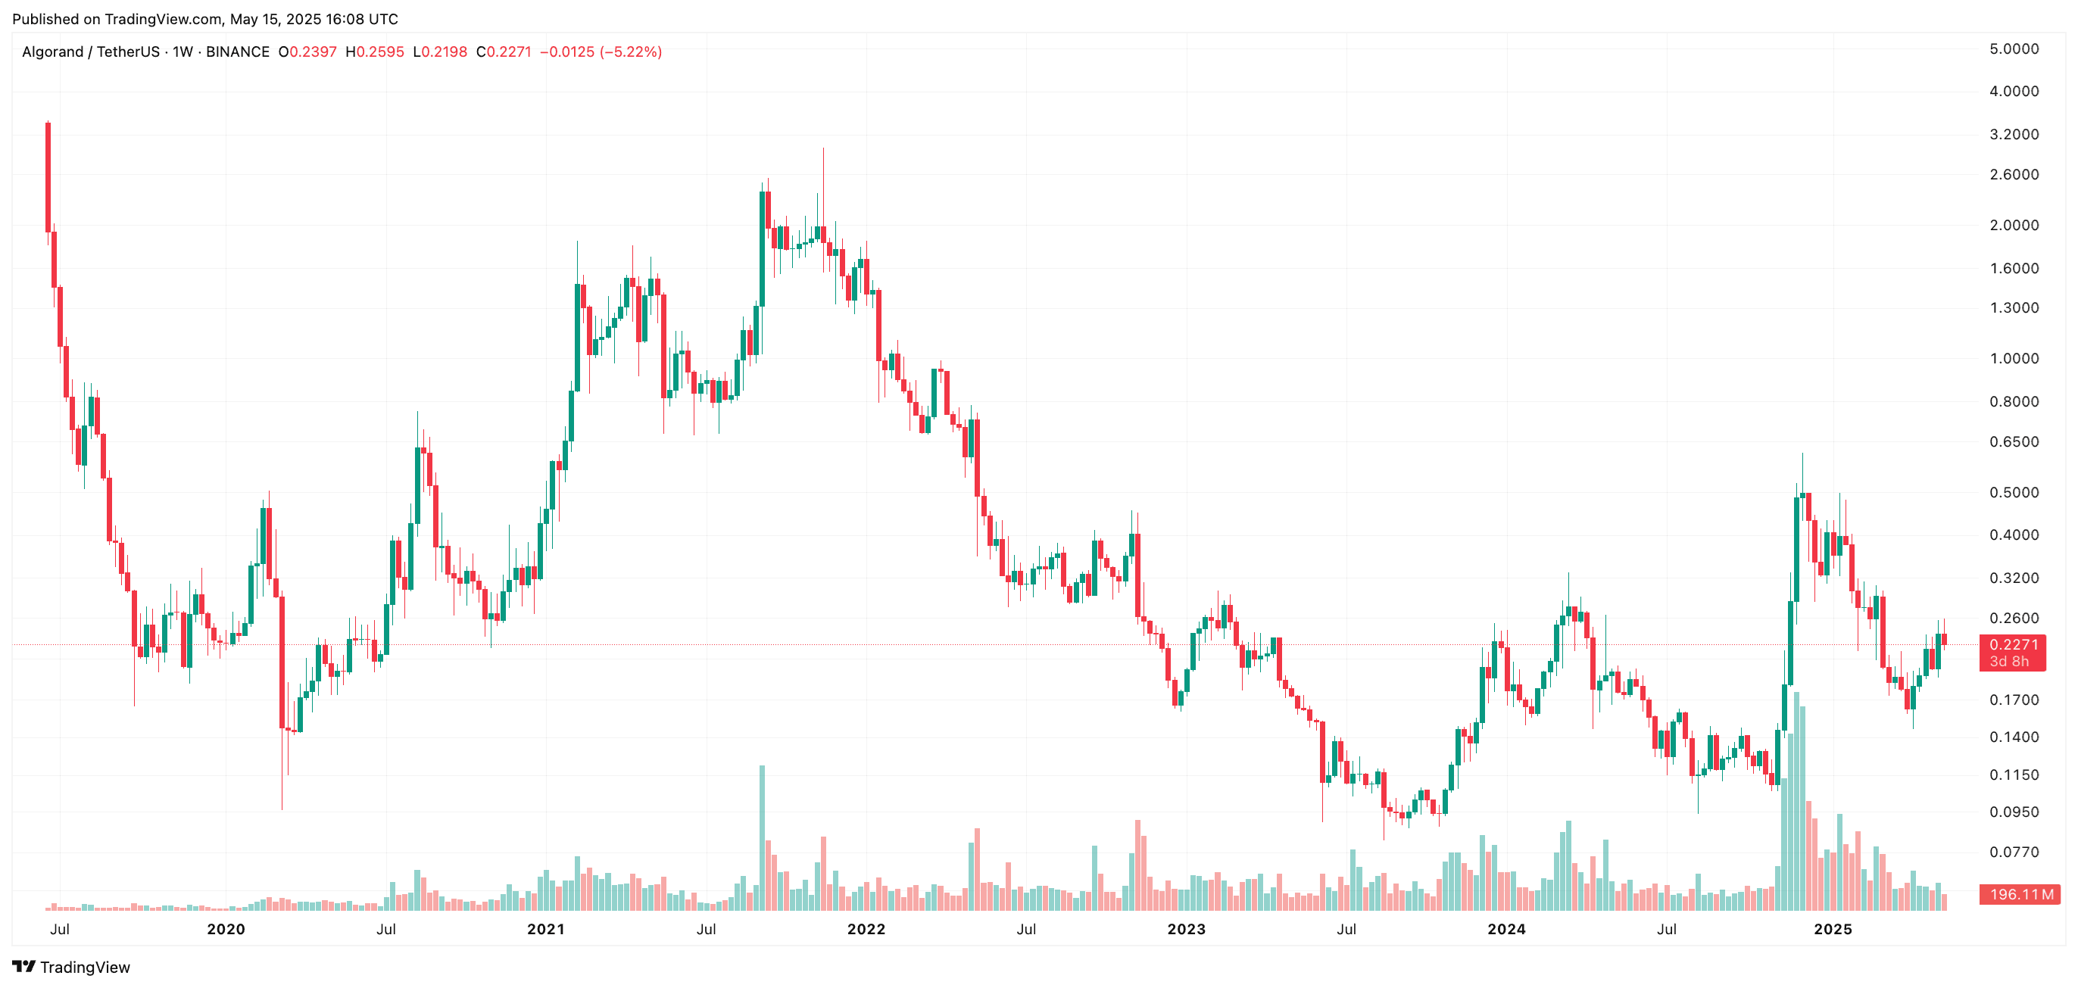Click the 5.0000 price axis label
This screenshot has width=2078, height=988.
(x=2014, y=49)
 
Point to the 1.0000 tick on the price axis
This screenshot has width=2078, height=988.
(x=2014, y=359)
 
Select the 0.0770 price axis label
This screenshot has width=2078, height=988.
(x=2014, y=852)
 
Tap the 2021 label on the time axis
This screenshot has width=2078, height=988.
(x=546, y=929)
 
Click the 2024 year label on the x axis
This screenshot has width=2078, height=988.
(x=1506, y=929)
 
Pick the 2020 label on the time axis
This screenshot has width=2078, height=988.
(x=226, y=929)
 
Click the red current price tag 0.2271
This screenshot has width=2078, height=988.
(x=2012, y=644)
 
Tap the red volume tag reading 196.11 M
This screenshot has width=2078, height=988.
(x=2019, y=893)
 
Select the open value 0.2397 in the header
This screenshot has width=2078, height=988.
(x=312, y=52)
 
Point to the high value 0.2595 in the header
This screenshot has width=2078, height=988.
(x=380, y=52)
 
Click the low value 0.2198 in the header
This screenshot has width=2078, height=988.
(x=444, y=52)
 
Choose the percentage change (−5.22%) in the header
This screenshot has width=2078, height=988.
(x=631, y=52)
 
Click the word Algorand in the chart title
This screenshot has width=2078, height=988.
(x=52, y=52)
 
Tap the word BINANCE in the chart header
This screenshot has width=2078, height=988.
(x=237, y=52)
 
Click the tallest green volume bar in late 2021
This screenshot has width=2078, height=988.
(x=762, y=839)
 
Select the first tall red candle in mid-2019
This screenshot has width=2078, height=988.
(x=48, y=177)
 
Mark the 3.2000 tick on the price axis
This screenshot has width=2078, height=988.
(x=2014, y=135)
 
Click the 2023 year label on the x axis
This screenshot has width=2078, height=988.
(x=1186, y=929)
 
